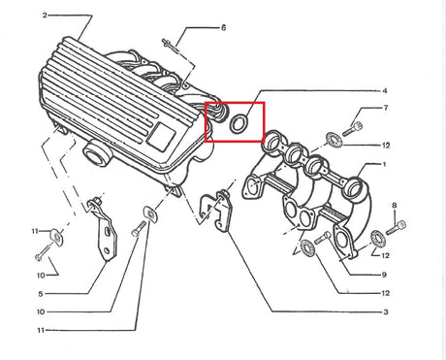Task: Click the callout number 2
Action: click(45, 16)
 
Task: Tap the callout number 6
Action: click(223, 28)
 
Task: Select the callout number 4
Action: click(385, 91)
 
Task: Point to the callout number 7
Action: click(385, 108)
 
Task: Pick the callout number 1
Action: click(384, 164)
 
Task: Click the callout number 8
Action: click(394, 206)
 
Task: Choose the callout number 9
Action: click(384, 275)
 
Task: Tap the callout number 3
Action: click(385, 312)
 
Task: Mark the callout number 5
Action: click(41, 294)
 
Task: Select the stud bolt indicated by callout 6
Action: click(171, 46)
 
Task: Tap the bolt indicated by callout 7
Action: click(352, 128)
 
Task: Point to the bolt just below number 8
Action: click(396, 227)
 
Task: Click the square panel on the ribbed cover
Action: click(161, 136)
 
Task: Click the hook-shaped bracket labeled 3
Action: click(216, 211)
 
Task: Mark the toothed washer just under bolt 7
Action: click(334, 140)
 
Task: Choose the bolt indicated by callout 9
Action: click(323, 238)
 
